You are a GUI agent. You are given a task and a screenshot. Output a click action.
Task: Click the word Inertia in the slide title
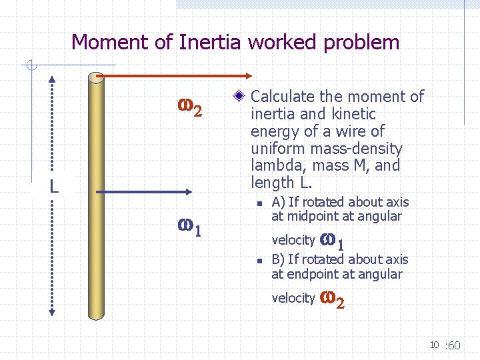(x=211, y=42)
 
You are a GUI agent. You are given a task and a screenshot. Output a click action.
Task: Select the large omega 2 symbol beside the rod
(x=189, y=108)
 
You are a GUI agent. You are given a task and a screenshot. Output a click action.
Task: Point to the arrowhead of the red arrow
(x=247, y=77)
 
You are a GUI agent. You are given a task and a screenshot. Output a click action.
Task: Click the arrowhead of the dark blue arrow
(x=191, y=192)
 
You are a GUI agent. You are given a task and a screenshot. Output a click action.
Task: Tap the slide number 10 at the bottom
(x=433, y=345)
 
